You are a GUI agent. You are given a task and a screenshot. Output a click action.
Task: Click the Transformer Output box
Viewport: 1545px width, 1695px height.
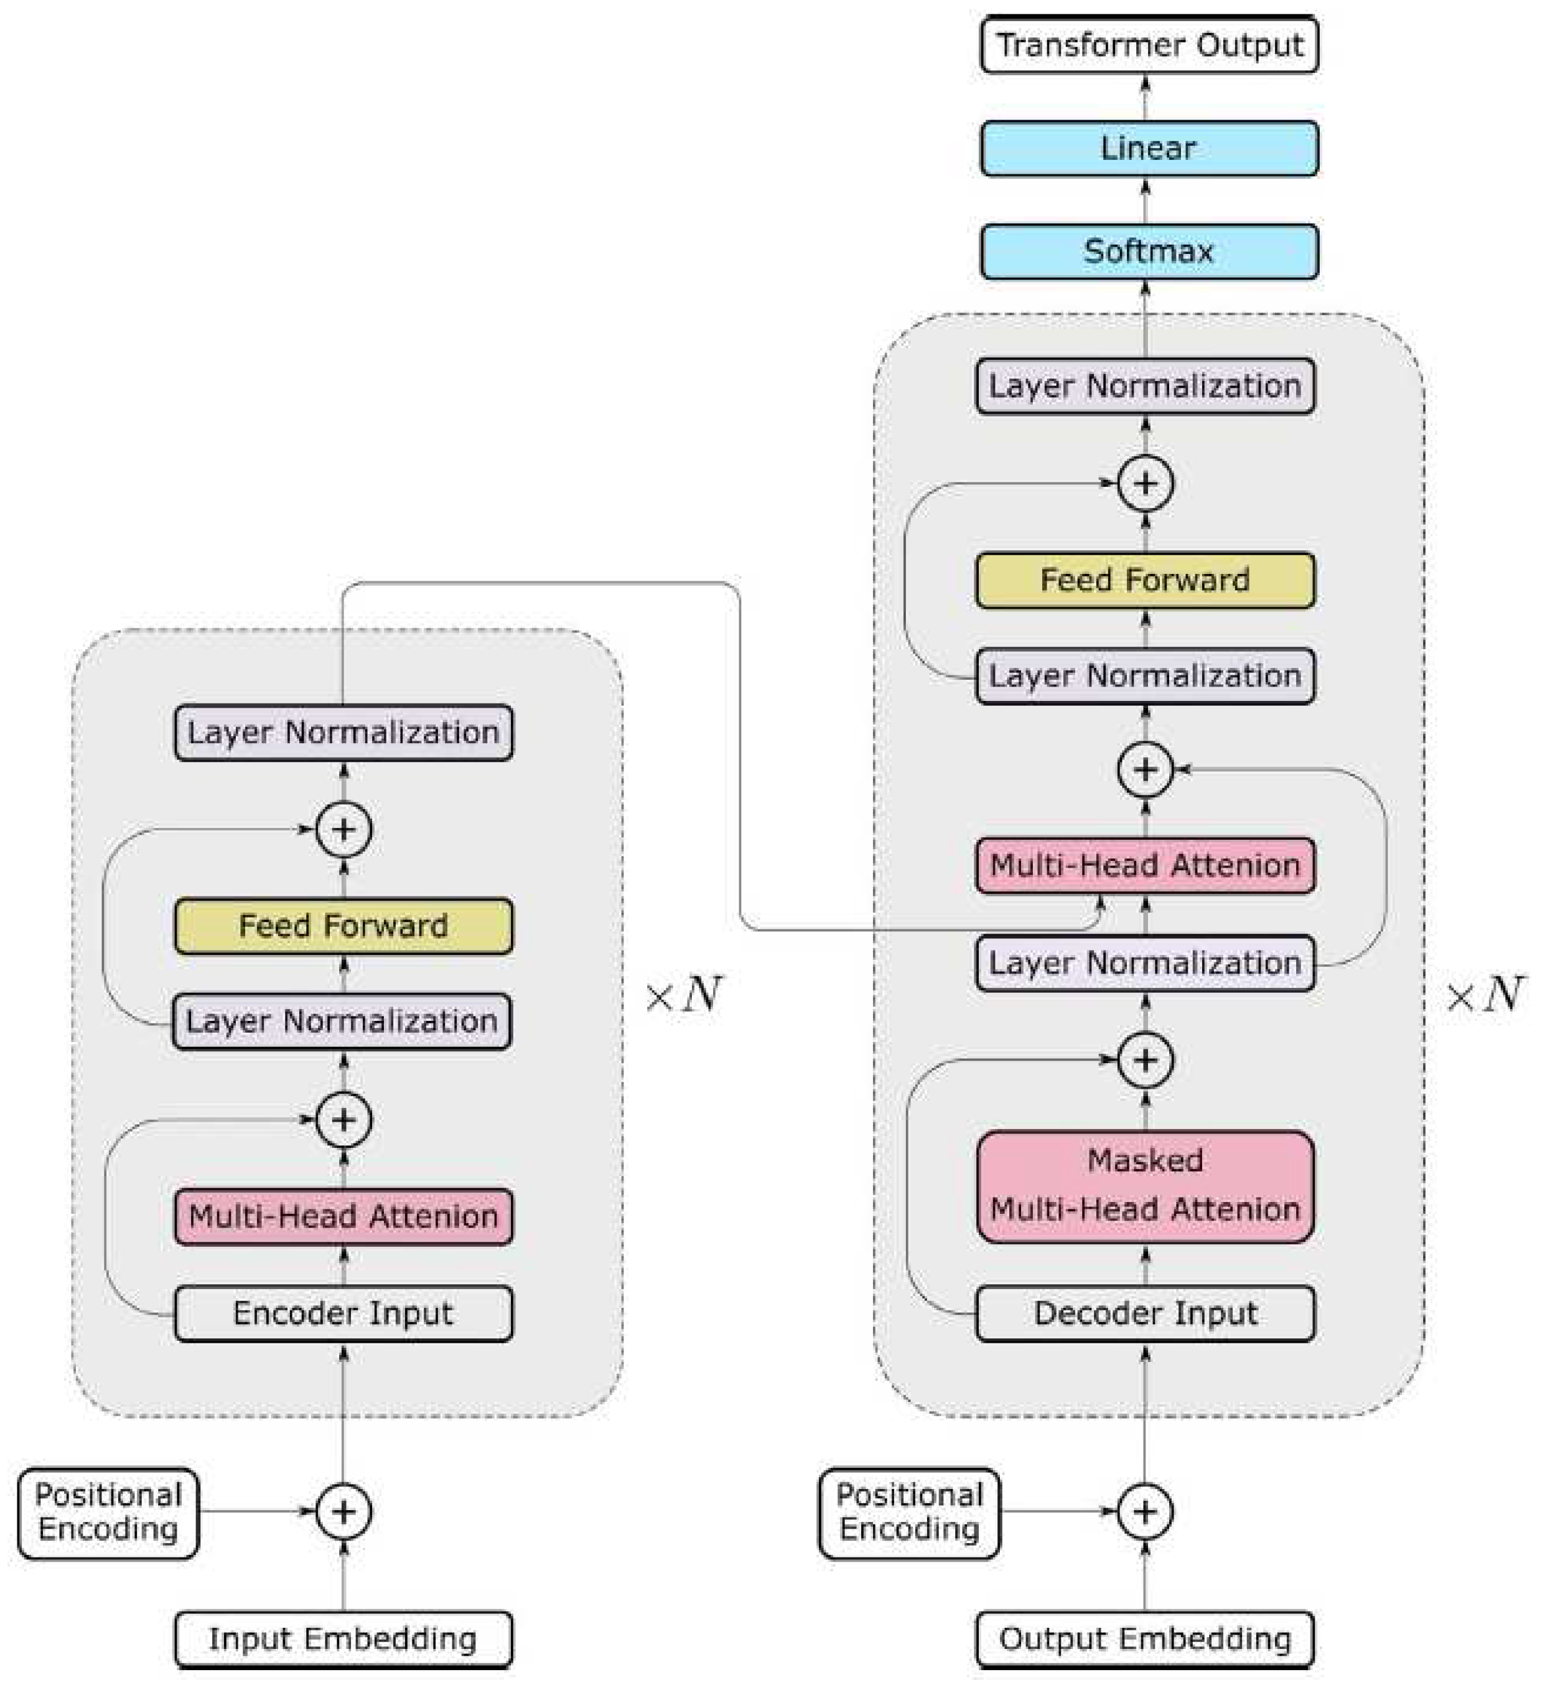[1148, 45]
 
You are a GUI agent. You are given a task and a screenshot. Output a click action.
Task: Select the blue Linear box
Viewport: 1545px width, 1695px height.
[1148, 149]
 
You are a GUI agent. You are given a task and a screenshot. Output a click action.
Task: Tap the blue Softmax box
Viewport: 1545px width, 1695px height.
[1148, 251]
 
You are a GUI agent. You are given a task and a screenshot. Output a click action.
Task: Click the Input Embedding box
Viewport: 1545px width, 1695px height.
[343, 1639]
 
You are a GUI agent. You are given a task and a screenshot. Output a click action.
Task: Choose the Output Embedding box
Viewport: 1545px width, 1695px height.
[1145, 1639]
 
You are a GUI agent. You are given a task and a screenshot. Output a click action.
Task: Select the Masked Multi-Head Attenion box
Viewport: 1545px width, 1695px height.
[1145, 1185]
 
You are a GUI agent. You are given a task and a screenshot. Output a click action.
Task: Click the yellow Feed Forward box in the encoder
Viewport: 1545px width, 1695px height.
[343, 926]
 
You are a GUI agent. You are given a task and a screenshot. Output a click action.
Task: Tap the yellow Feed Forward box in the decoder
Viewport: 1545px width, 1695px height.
[1145, 580]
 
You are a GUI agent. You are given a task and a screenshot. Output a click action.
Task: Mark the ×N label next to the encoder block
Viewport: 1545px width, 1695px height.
[683, 995]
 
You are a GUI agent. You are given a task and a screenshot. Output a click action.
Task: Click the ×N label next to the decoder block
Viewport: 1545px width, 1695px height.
[1483, 995]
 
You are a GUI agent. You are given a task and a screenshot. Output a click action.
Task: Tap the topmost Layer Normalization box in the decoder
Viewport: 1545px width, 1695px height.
[1145, 386]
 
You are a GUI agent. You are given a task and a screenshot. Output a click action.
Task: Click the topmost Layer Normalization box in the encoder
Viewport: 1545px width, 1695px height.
[343, 732]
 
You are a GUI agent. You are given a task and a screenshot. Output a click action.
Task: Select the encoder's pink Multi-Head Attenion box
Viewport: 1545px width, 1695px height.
[343, 1216]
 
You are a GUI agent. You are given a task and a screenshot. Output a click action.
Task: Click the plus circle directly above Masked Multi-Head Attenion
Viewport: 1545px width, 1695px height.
[1145, 1060]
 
